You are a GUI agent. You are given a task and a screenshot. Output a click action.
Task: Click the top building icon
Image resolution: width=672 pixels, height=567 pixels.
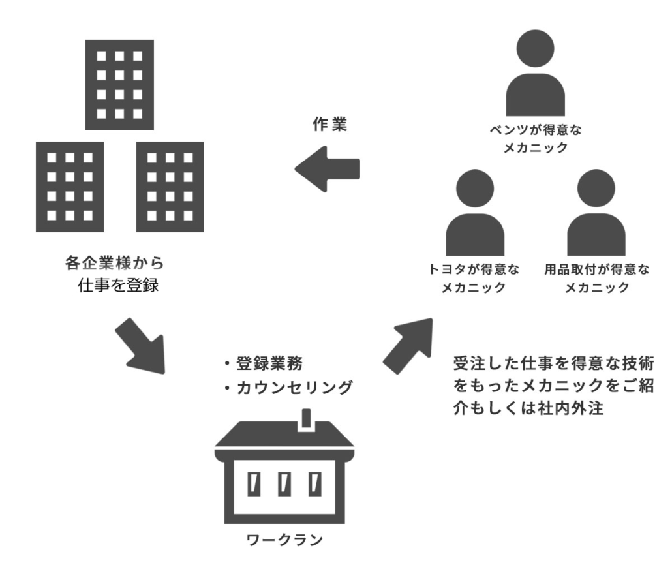(x=119, y=84)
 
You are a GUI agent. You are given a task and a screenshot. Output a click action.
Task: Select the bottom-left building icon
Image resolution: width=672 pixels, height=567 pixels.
(x=70, y=187)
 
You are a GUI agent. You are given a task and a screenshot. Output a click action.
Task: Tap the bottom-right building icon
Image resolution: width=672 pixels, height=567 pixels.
(x=170, y=187)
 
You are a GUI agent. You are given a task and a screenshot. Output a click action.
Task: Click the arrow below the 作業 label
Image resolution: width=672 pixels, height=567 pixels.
(x=328, y=168)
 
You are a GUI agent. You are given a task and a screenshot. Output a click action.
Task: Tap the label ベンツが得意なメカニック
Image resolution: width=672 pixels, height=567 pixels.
(x=535, y=139)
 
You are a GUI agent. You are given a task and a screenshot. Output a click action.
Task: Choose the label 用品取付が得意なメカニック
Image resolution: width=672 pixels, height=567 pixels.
(x=596, y=278)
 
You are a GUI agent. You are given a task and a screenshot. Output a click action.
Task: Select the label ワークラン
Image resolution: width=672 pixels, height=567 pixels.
(x=285, y=540)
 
